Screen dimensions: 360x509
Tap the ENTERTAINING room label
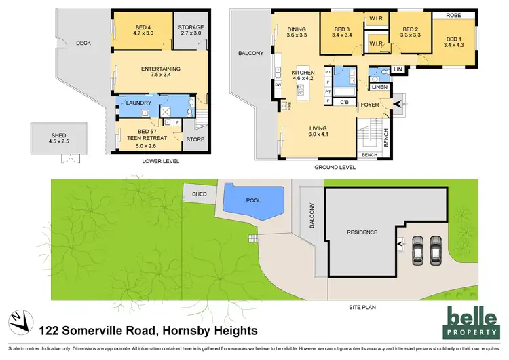click(x=159, y=73)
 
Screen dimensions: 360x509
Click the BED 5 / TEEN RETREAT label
click(x=140, y=137)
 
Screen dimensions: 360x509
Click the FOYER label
click(x=370, y=105)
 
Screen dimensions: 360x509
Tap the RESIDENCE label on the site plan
click(x=362, y=232)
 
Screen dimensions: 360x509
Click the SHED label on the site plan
click(x=200, y=194)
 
